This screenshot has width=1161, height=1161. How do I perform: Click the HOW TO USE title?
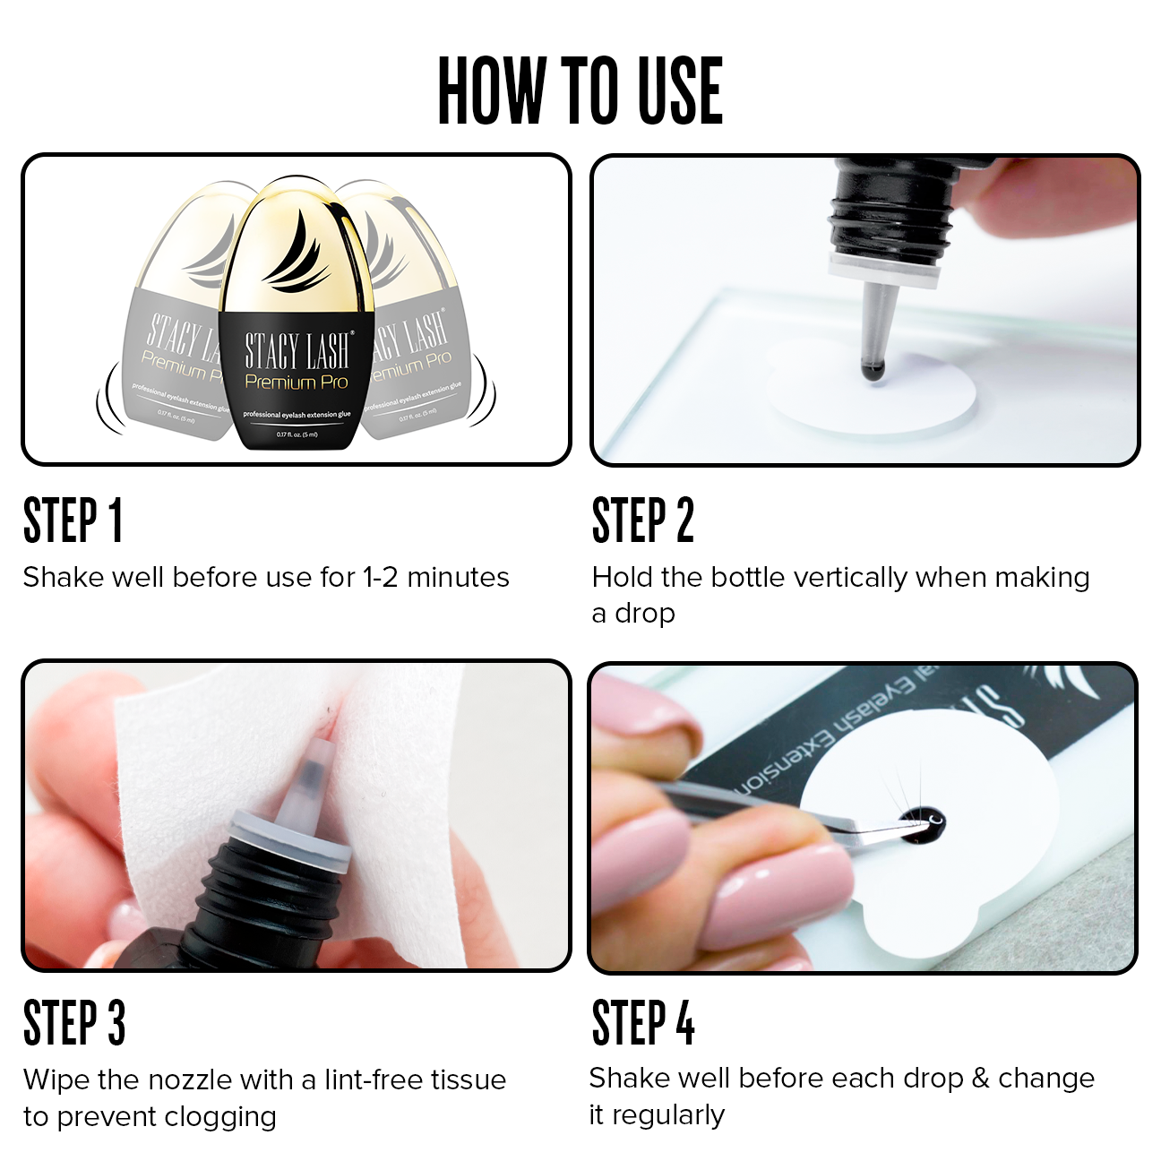point(580,90)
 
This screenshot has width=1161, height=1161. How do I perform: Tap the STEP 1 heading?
point(73,520)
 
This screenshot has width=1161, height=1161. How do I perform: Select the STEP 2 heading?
point(643,520)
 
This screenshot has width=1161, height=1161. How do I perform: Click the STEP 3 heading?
point(74,1023)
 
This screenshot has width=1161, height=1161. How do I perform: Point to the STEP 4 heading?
point(643,1023)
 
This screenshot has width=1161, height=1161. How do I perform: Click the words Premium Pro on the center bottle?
point(297,383)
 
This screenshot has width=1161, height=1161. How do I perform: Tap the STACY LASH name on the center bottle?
point(298,350)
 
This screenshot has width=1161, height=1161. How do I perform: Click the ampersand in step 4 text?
point(981,1079)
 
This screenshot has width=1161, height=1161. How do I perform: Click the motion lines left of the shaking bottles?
point(111,399)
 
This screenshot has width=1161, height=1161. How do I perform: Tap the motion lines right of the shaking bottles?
point(483,392)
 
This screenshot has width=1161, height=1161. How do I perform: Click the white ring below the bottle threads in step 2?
point(883,269)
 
